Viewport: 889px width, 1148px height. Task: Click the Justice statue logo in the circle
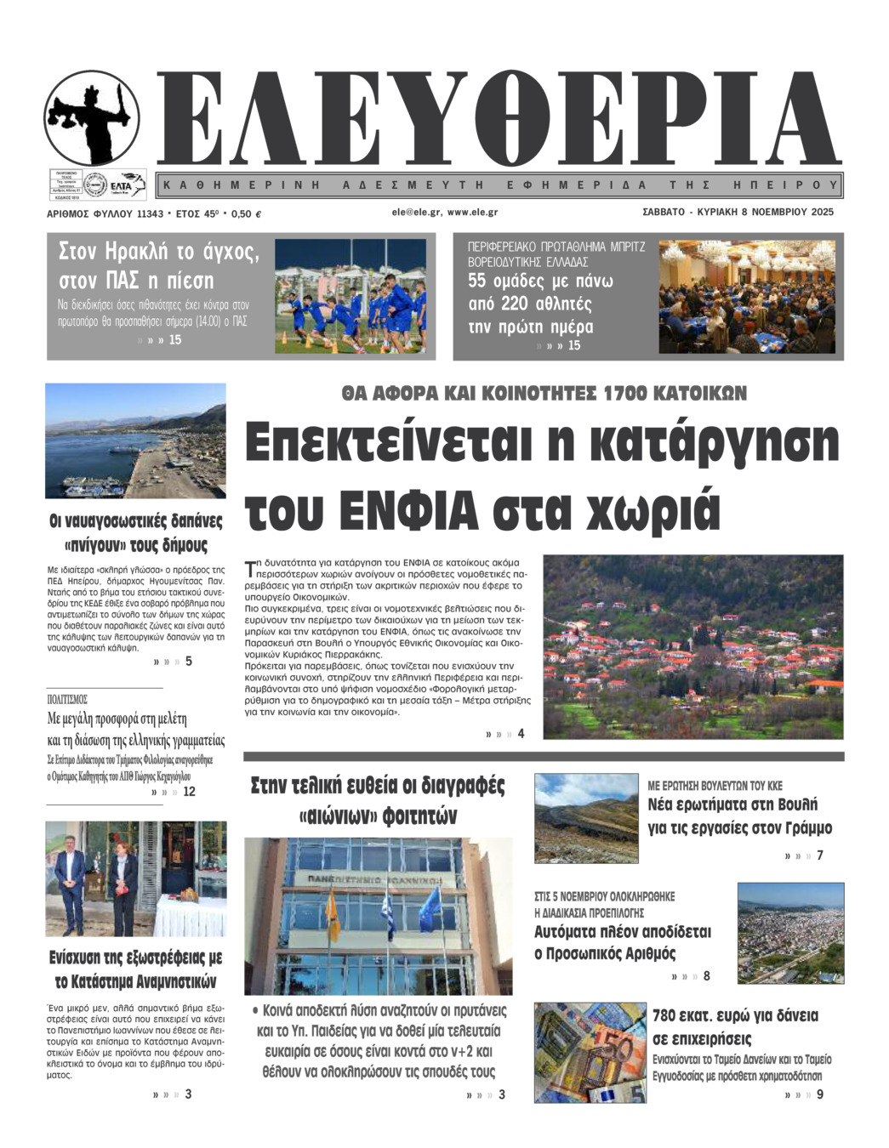(92, 117)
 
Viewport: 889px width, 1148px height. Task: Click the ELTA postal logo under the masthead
(128, 185)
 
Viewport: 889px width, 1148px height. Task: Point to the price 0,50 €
(246, 213)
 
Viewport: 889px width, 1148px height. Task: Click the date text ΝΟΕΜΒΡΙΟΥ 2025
(787, 212)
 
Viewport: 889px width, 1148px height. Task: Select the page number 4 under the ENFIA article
(521, 734)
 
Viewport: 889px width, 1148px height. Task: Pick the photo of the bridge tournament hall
(747, 296)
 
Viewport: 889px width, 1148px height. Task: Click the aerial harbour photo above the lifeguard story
(135, 440)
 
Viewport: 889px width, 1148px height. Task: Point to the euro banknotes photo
(590, 1052)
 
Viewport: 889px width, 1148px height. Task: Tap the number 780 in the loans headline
(669, 1015)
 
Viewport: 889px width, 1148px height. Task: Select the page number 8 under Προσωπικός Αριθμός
(706, 976)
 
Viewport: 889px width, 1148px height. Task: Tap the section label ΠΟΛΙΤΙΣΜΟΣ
(67, 699)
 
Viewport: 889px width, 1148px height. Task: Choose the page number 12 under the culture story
(189, 792)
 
